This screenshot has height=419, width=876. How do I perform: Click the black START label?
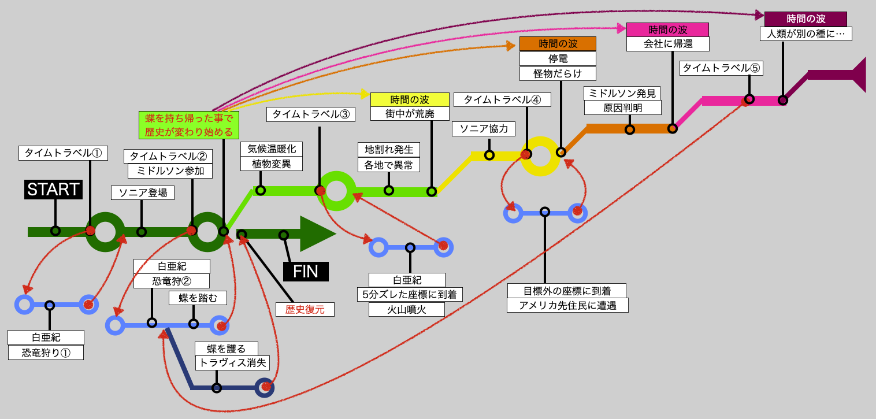(x=53, y=190)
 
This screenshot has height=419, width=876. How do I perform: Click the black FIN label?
(x=306, y=272)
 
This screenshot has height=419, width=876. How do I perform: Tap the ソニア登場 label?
(x=143, y=193)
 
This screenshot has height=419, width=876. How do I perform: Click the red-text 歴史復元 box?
(x=305, y=309)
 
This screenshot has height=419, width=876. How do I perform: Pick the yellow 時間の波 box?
(x=410, y=99)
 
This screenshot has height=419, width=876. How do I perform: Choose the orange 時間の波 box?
(x=558, y=44)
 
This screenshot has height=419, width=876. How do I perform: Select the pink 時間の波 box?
(x=667, y=30)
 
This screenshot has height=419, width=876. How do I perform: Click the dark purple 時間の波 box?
(x=806, y=19)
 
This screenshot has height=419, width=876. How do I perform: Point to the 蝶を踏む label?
(x=198, y=298)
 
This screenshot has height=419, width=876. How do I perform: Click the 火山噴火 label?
(x=406, y=309)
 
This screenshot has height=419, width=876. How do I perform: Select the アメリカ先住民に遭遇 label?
(x=567, y=305)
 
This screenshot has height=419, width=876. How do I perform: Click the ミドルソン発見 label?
(x=622, y=93)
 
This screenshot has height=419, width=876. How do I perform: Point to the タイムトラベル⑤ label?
(x=721, y=68)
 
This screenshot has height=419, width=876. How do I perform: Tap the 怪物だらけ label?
(x=558, y=73)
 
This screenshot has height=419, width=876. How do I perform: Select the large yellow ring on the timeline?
(x=540, y=156)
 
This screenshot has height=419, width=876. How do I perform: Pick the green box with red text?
(x=189, y=125)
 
